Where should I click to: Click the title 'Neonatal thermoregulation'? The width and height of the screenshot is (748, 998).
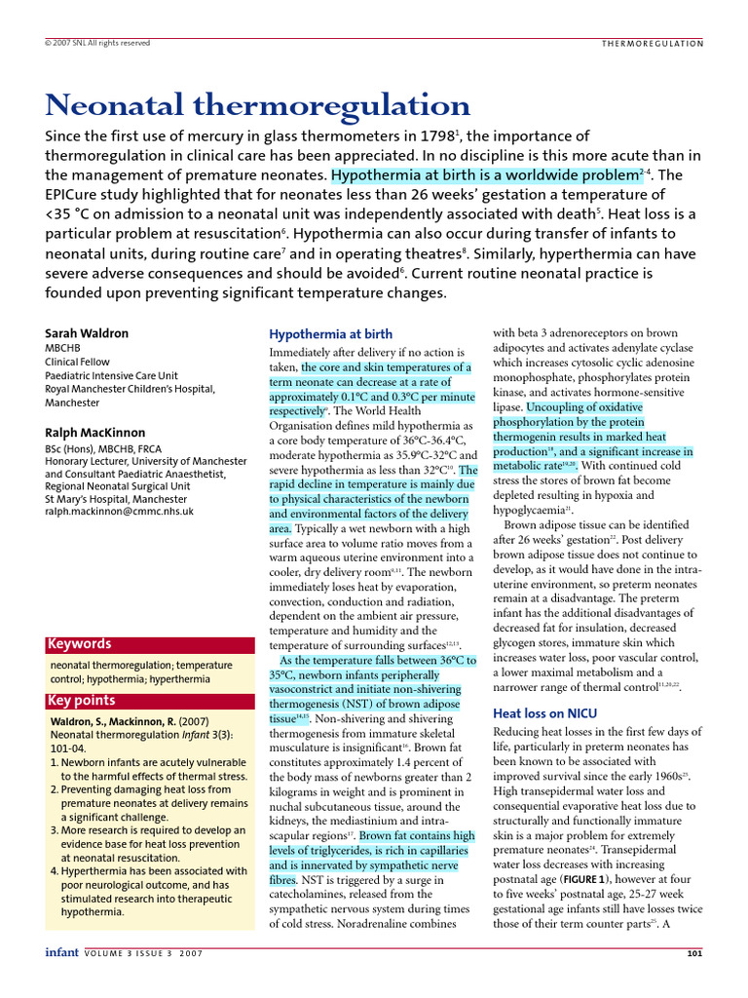pos(258,104)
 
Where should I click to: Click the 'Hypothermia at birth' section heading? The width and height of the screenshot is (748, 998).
pos(331,334)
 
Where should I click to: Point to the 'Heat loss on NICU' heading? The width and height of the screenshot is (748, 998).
pos(545,713)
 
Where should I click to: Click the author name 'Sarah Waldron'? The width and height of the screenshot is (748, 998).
pos(87,333)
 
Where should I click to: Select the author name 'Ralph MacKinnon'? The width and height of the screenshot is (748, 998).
pos(95,433)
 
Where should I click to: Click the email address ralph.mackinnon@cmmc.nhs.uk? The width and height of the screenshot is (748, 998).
pos(120,511)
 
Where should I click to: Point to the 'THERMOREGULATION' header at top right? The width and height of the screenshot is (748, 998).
pos(652,43)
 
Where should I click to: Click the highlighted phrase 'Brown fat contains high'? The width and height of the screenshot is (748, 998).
pos(417,836)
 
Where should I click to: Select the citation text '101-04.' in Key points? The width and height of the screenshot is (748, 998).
pos(67,749)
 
